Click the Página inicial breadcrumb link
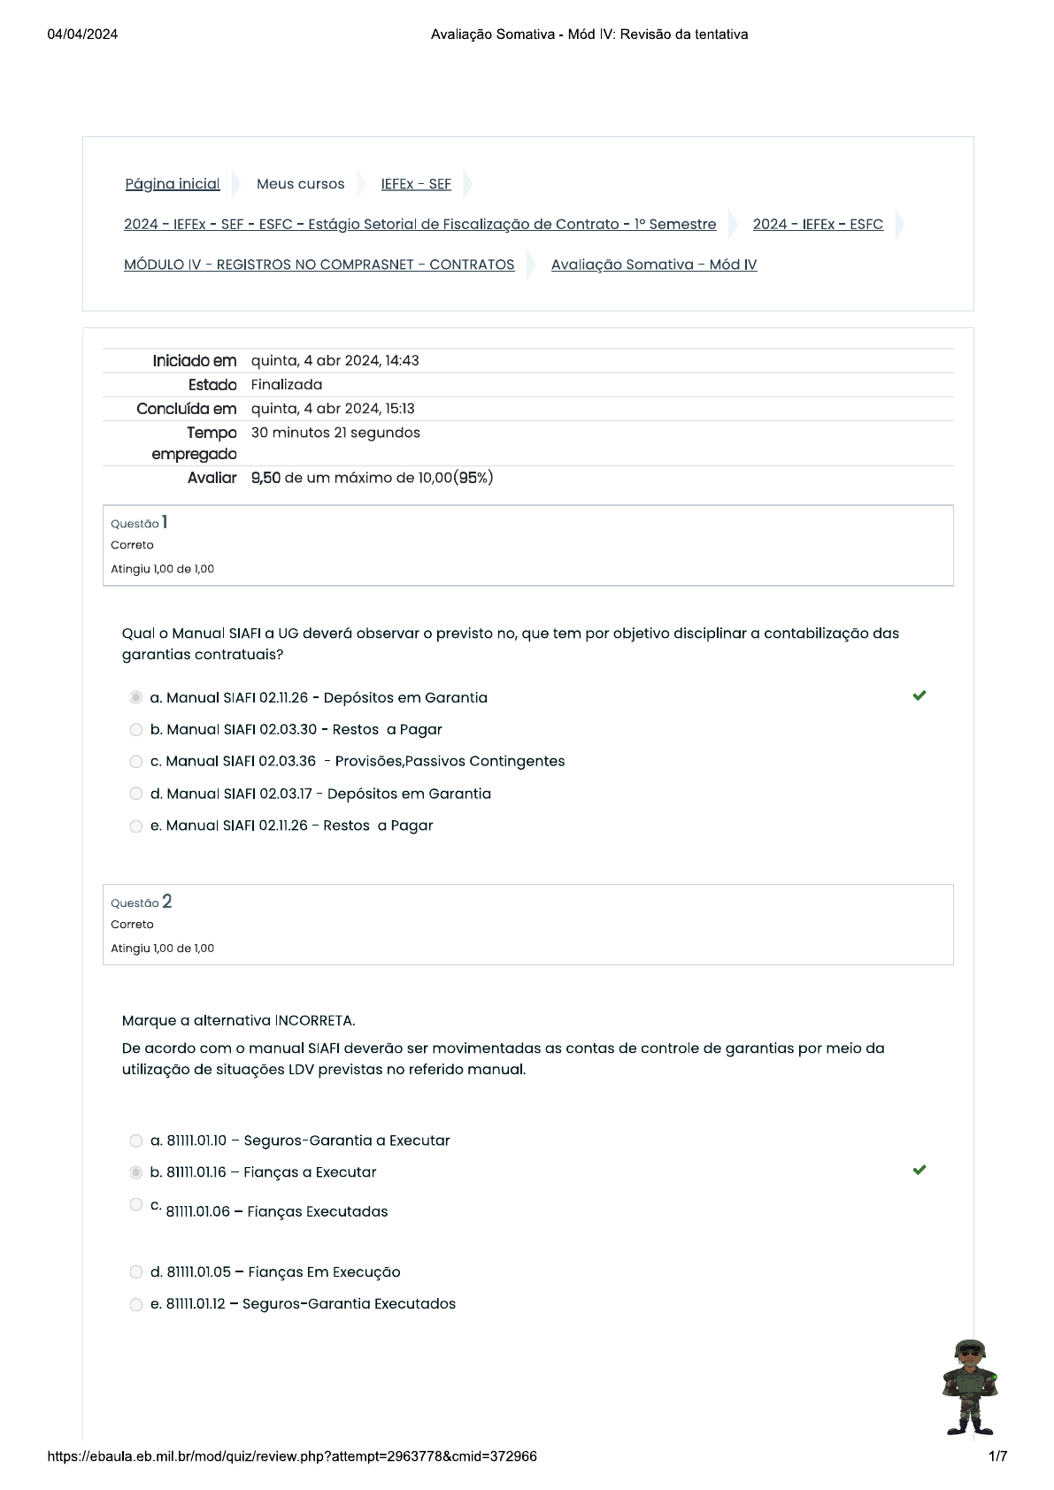tap(173, 184)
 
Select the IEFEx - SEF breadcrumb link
tap(416, 184)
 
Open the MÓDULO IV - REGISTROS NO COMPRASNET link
tap(319, 265)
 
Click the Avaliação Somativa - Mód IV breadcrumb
tap(654, 265)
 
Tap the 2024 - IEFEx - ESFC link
tap(818, 225)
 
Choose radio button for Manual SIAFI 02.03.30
tap(136, 730)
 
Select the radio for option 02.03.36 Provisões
tap(136, 762)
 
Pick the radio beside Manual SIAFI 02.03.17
tap(136, 794)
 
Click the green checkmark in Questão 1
tap(919, 696)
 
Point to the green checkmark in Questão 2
tap(919, 1171)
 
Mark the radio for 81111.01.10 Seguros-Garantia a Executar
tap(136, 1141)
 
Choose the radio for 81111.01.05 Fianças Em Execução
tap(136, 1272)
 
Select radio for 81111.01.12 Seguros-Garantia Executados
tap(136, 1305)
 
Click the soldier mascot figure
tap(970, 1386)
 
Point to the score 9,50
tap(265, 479)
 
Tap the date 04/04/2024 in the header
tap(82, 35)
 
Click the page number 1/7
tap(997, 1456)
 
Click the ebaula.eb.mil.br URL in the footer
tap(292, 1456)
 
